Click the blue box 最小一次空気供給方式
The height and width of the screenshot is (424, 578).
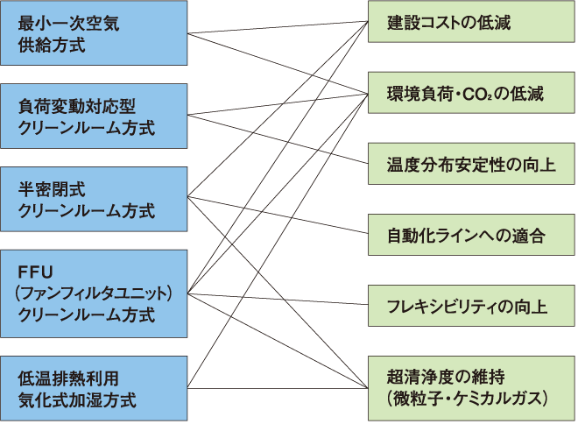(94, 33)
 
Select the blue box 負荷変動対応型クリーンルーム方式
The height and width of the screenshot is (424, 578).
(94, 117)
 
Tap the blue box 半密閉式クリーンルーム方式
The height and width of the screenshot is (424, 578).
(94, 200)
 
